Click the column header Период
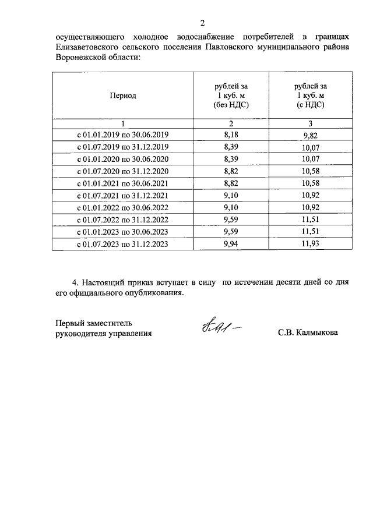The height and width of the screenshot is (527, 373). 123,96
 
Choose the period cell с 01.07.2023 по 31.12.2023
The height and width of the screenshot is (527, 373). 123,245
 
